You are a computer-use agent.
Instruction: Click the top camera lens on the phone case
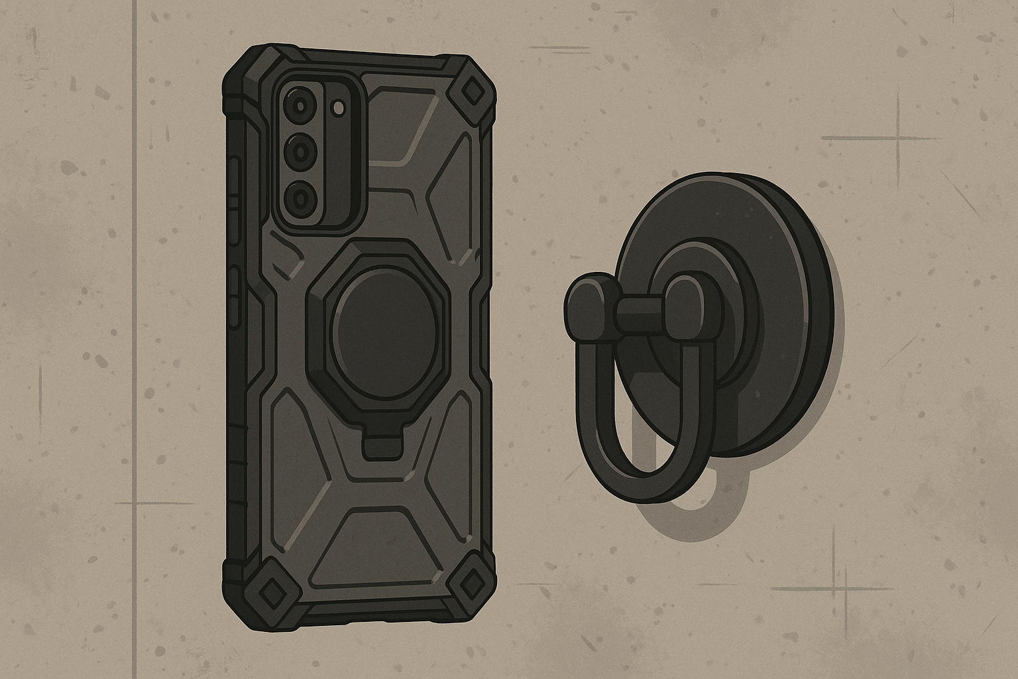point(298,105)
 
